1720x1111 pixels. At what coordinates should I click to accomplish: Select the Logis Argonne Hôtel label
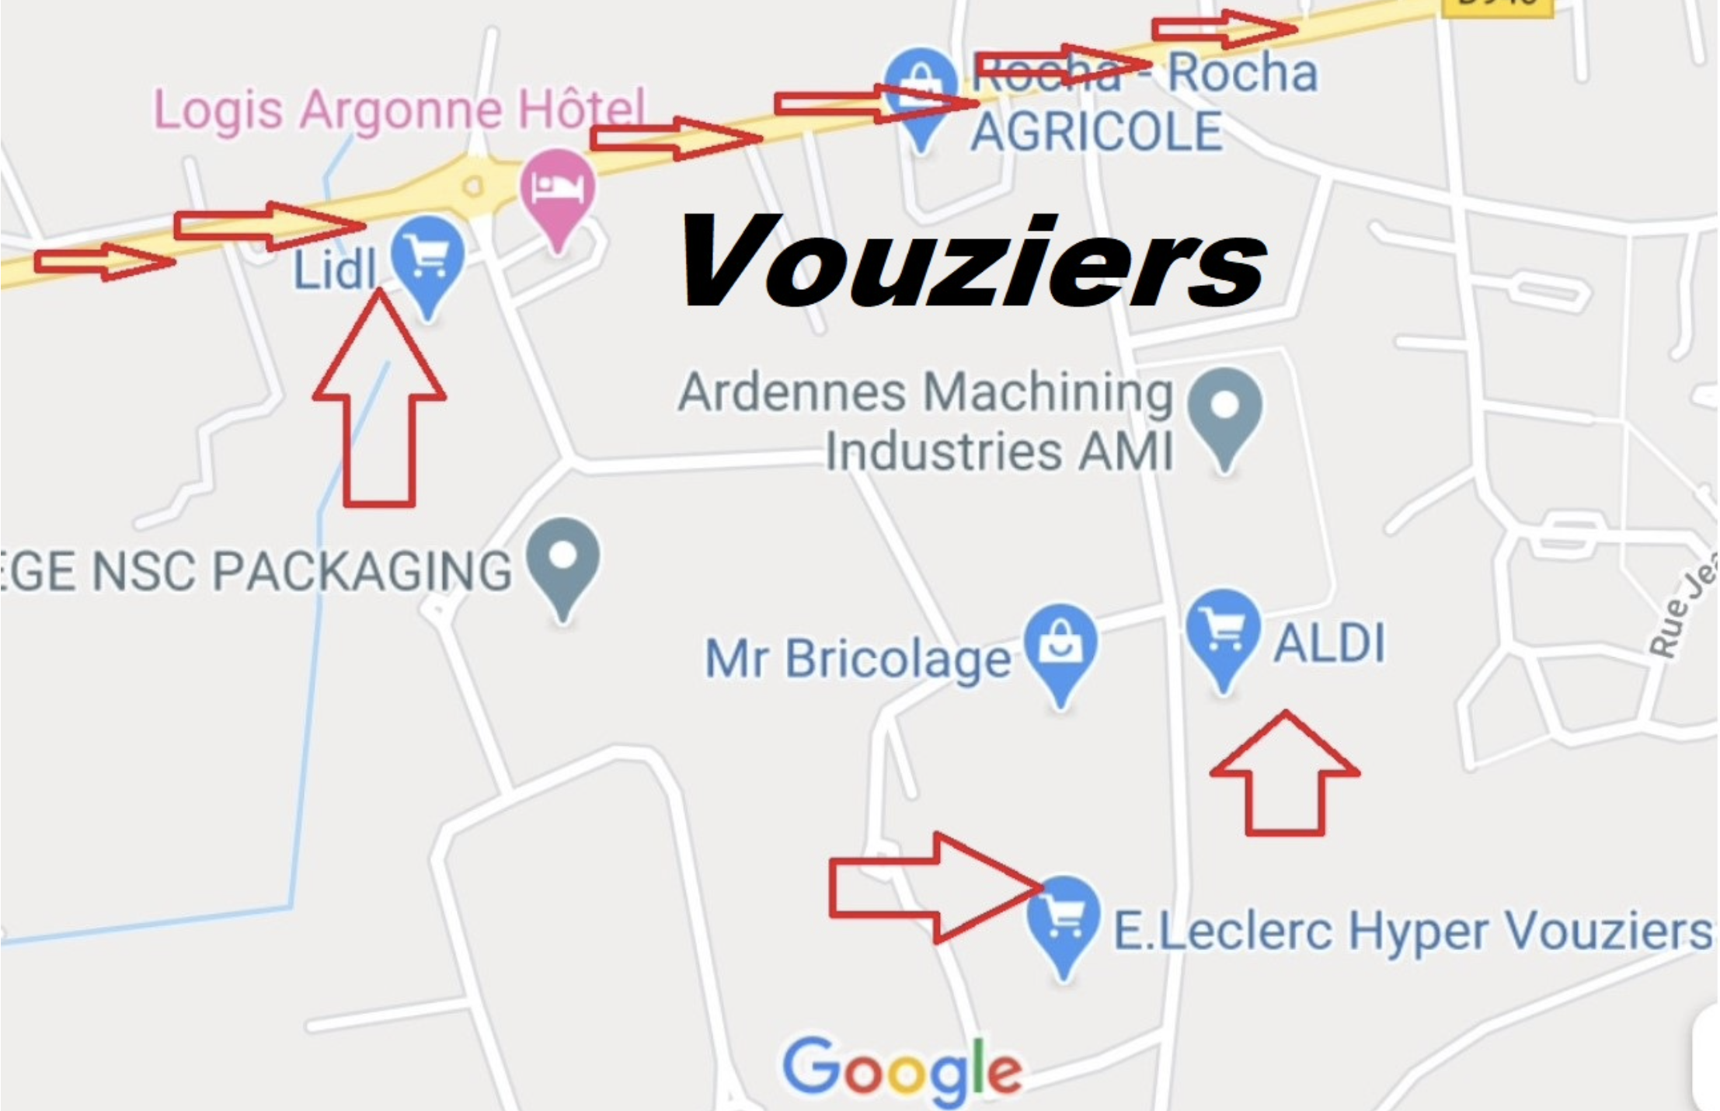coord(399,110)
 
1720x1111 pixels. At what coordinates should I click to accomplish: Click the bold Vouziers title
coord(973,262)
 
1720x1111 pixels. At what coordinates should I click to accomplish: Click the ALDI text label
coord(1329,643)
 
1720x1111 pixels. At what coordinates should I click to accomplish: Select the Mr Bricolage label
coord(858,659)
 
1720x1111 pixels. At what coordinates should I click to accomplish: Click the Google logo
coord(901,1071)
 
